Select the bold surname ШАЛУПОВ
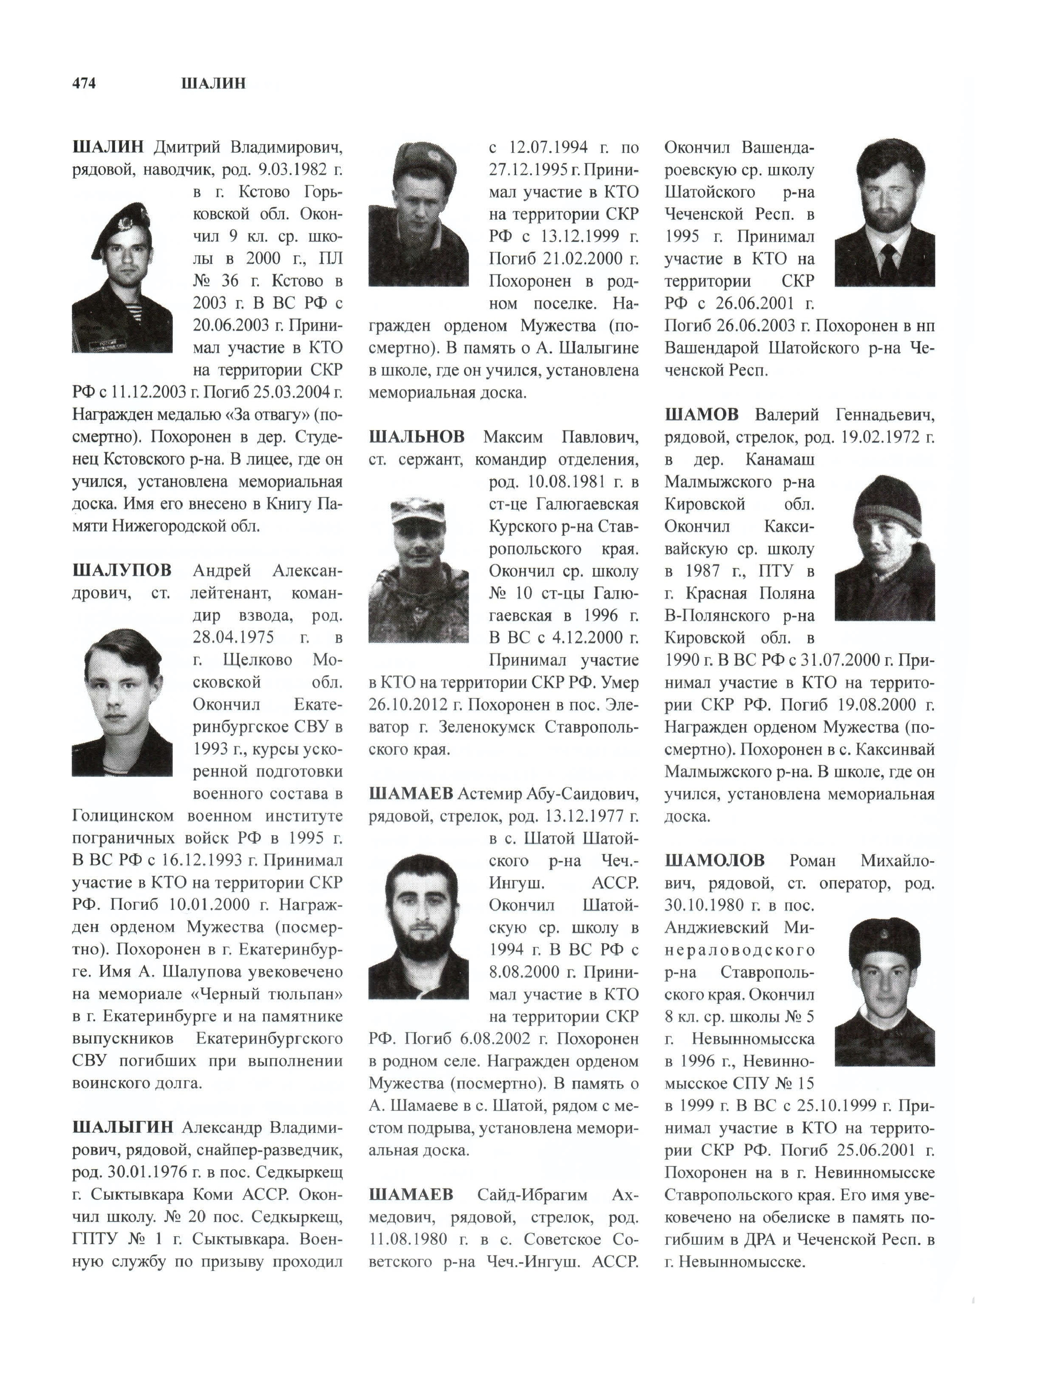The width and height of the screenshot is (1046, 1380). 122,570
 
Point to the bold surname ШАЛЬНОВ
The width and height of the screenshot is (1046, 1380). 416,437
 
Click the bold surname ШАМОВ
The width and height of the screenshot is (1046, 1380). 701,414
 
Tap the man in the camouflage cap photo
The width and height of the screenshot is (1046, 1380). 418,570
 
